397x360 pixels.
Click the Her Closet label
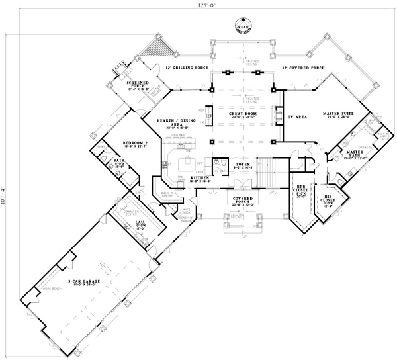point(301,188)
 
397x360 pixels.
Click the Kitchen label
point(200,179)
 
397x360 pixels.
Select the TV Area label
point(294,116)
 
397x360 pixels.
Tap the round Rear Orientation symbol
point(242,27)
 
